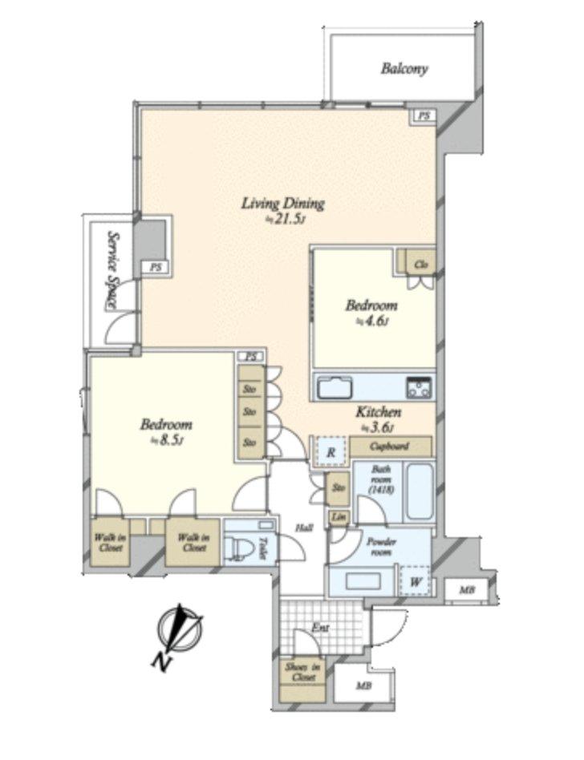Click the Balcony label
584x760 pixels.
tap(404, 69)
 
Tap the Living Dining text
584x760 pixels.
tap(283, 204)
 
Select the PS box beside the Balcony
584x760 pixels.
tap(424, 116)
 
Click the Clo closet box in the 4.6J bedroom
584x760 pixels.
tap(420, 264)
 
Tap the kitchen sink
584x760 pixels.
tap(335, 389)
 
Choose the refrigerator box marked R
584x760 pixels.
tap(331, 452)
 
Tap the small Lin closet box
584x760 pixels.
tap(337, 518)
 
